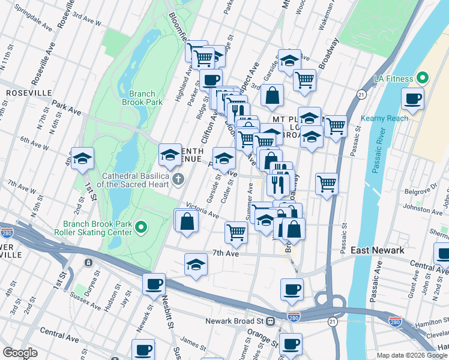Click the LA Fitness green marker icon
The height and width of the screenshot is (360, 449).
[423, 79]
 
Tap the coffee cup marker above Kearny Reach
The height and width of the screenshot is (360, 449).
[412, 99]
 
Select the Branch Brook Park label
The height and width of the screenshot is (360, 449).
[142, 98]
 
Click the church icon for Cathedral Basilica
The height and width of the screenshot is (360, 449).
[178, 179]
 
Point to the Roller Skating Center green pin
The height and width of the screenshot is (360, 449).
[141, 227]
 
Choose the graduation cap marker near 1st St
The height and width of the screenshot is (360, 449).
[82, 159]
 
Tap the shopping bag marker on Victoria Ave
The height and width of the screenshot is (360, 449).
[187, 221]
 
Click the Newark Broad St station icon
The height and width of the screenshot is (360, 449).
[271, 321]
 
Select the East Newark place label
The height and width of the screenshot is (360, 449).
[377, 250]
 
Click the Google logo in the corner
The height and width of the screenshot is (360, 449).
[20, 352]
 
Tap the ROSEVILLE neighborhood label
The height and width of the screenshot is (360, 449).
[28, 94]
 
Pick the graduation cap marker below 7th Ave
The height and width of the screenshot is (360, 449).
[196, 265]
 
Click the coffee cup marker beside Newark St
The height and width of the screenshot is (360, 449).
[154, 284]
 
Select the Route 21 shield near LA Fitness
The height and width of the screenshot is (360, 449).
[361, 95]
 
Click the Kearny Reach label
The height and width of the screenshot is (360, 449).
[385, 118]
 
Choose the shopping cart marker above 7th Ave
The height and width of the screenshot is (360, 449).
[237, 232]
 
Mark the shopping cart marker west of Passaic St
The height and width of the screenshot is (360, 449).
[327, 184]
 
